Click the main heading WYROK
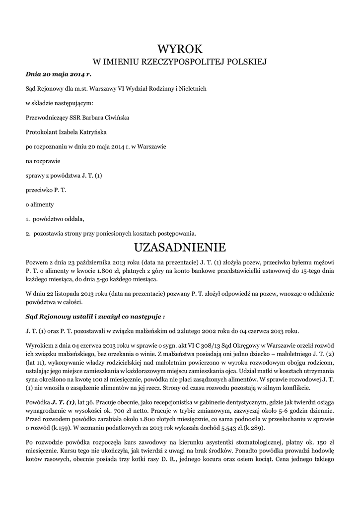180,49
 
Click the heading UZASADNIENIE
180,247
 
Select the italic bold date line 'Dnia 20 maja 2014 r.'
59,74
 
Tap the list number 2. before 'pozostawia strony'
28,233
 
